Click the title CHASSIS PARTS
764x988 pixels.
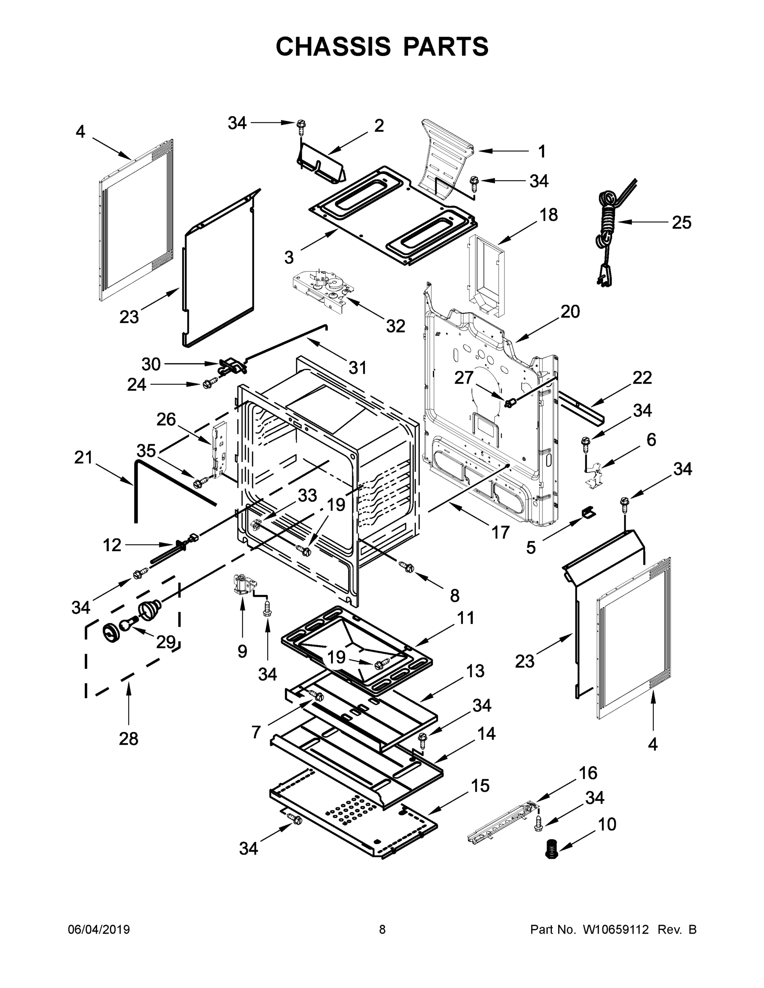[x=382, y=46]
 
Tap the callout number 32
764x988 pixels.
[x=395, y=325]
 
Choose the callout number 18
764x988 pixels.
[x=548, y=215]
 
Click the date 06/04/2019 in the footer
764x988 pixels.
[x=99, y=930]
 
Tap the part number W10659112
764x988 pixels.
[x=616, y=930]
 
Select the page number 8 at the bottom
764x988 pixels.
[x=382, y=930]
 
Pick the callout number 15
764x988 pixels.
[x=480, y=786]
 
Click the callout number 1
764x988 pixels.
[x=541, y=151]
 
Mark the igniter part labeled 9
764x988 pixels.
[x=242, y=585]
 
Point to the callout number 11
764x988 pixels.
[x=466, y=617]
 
